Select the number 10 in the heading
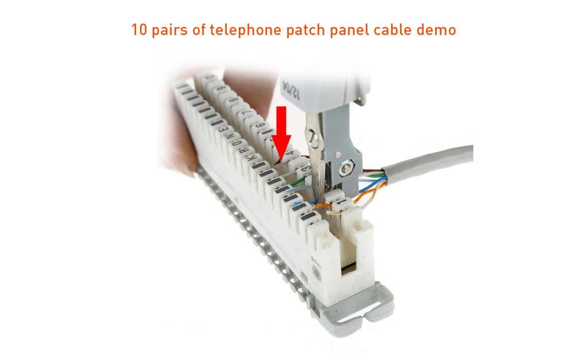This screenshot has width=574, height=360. coord(139,30)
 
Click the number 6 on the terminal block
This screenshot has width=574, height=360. coord(259,126)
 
